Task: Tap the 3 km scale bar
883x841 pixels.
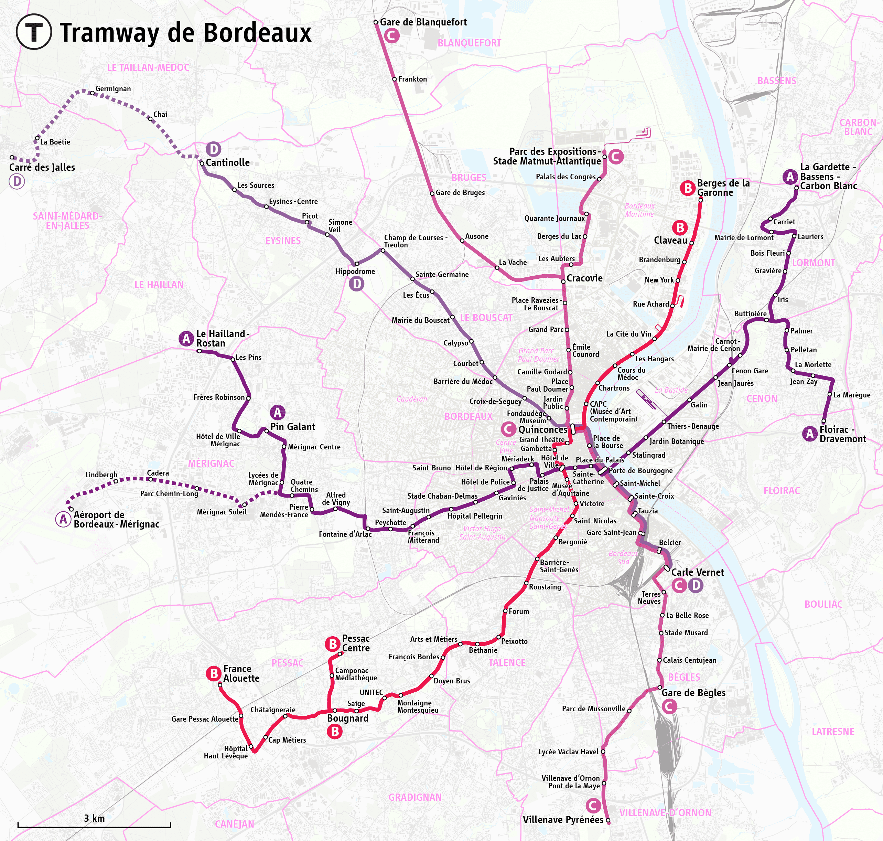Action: pos(94,824)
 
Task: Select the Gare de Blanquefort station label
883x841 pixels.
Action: pos(423,22)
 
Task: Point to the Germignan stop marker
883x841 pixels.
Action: pos(92,93)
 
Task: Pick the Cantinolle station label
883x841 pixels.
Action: pos(228,162)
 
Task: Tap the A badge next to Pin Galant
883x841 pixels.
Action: pos(278,413)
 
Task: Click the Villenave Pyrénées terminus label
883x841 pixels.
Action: pos(563,819)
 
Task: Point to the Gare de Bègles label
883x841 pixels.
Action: pos(693,693)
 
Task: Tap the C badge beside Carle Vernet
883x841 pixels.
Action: pos(679,585)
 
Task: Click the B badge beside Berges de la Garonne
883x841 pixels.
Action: pos(687,188)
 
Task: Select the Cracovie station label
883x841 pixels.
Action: pos(584,278)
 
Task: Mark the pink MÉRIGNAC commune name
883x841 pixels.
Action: pos(211,463)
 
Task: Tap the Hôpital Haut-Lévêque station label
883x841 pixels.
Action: pos(226,752)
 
